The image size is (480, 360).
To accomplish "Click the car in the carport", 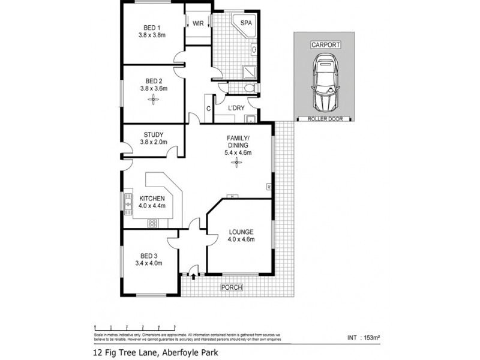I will (x=324, y=82).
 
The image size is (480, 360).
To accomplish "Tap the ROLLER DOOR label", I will (x=324, y=119).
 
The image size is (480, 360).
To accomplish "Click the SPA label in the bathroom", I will (x=246, y=23).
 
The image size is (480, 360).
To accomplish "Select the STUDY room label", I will (x=154, y=135).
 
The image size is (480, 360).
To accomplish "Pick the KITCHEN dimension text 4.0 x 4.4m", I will (x=152, y=206).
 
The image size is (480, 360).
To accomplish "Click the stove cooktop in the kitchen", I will (x=152, y=224).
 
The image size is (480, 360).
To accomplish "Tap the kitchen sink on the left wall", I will (x=128, y=206).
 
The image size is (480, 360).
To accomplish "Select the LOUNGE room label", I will (x=241, y=232).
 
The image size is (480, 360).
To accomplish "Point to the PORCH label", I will (x=232, y=287).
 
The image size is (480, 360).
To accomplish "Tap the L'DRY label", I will (x=236, y=109).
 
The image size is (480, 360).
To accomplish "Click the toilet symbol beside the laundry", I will (x=251, y=88).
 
